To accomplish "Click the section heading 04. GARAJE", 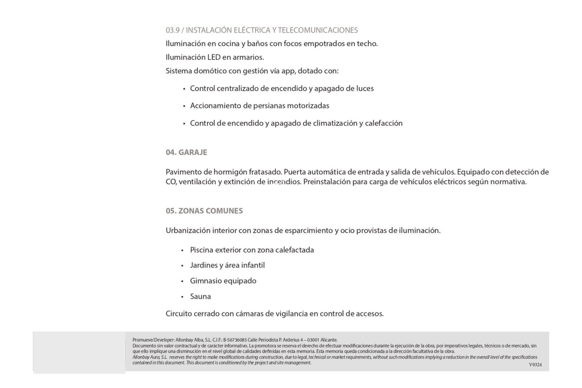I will (x=186, y=152).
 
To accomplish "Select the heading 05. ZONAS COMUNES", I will (x=204, y=211).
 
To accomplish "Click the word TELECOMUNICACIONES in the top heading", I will (x=318, y=30).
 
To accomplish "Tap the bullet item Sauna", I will (x=200, y=296).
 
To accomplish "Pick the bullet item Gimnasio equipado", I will (x=223, y=281).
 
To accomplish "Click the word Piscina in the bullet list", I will (x=201, y=250).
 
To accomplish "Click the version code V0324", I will (x=535, y=365).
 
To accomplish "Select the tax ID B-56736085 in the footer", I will (x=235, y=340).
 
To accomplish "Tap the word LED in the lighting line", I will (x=214, y=57).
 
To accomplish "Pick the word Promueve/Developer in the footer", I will (x=153, y=340).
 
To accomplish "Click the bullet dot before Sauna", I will (x=182, y=297).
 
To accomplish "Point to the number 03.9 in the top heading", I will (x=172, y=30).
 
